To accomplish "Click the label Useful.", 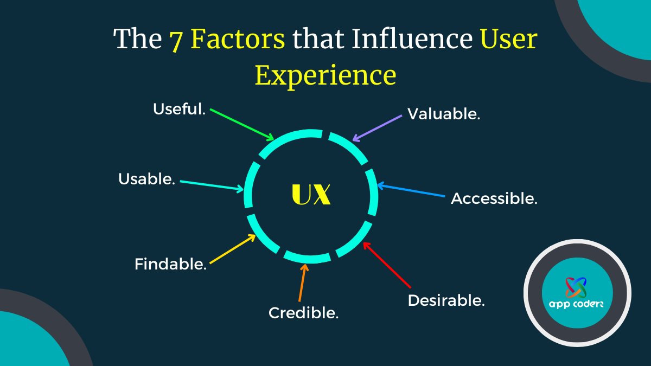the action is (179, 110).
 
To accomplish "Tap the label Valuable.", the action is (444, 114).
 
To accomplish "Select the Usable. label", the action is (147, 179).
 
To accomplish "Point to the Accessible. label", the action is (494, 198).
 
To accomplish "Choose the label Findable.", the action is (170, 265).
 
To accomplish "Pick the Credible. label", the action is (304, 313).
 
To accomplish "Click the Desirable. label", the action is (446, 300).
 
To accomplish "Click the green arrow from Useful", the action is (242, 124).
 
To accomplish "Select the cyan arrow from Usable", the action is (212, 185).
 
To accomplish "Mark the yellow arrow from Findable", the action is (232, 249).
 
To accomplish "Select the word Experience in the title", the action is (325, 75).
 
